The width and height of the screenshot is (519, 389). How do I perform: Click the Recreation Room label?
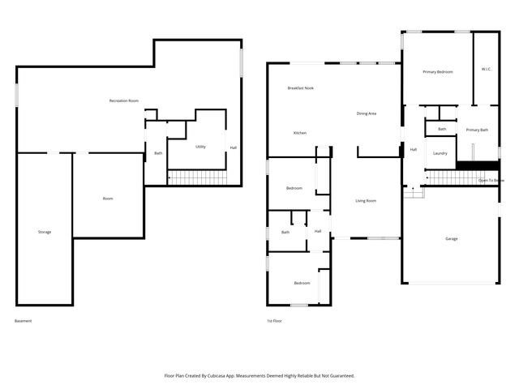(x=124, y=100)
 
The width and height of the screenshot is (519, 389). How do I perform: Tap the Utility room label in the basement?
(x=200, y=147)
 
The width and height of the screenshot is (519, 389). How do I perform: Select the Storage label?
(x=45, y=232)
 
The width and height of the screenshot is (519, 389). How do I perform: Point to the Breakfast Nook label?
(x=301, y=88)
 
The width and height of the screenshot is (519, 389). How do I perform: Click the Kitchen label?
(x=300, y=132)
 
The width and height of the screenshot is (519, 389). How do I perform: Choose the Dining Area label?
(x=367, y=113)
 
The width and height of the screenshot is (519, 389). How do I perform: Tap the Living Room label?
(x=366, y=200)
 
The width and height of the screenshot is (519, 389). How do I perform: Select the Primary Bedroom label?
(x=438, y=72)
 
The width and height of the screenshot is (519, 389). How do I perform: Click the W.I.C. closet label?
(x=487, y=69)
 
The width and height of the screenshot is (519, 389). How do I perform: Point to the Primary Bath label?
(x=477, y=130)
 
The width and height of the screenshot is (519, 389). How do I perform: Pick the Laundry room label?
(x=440, y=152)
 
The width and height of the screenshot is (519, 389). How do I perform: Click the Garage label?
(x=452, y=238)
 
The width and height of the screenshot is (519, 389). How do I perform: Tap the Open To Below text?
(x=491, y=180)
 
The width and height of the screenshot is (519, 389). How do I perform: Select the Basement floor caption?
(x=24, y=321)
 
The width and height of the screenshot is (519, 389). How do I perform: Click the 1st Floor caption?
(x=275, y=321)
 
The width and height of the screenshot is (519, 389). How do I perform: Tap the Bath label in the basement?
(x=158, y=152)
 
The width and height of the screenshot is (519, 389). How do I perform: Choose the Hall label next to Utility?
(x=234, y=147)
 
